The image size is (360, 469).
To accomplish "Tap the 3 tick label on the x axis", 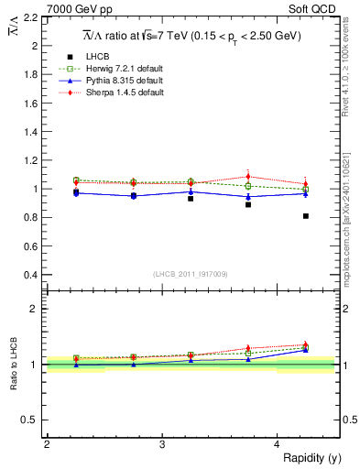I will pos(162,445).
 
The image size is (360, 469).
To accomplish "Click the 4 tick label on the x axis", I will pos(277,445).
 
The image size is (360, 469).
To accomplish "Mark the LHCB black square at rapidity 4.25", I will pos(305,216).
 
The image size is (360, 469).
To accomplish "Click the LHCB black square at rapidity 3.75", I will pos(248,204).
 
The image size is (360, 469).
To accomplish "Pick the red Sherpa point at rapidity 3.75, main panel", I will pos(248,177).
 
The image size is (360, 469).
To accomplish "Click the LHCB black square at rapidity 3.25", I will pos(191,198).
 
